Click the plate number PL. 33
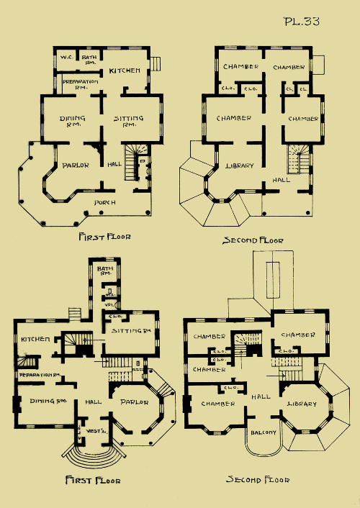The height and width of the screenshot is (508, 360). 302,21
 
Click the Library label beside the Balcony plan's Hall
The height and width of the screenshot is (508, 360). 302,404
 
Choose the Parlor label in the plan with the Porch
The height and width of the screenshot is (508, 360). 75,165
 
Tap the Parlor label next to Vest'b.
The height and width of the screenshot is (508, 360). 134,402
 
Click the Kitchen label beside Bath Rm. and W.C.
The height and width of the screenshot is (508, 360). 125,71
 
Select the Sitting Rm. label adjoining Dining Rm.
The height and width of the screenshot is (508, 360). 130,121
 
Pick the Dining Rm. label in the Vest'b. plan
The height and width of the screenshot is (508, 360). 43,401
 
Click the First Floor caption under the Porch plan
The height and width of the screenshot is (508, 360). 104,236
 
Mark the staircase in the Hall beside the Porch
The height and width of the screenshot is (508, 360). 133,163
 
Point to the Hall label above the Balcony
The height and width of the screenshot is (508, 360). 261,396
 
